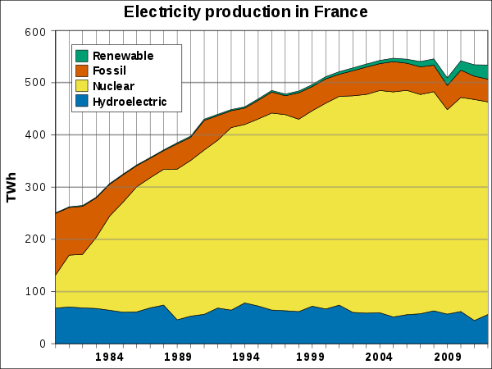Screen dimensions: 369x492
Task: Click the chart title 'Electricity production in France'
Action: coord(245,12)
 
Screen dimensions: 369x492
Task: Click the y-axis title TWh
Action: coord(11,188)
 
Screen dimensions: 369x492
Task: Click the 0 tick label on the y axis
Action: coord(44,344)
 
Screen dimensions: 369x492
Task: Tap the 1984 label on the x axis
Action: coord(109,357)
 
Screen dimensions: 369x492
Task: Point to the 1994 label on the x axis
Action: coord(244,357)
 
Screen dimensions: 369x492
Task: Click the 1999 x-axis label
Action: coord(311,357)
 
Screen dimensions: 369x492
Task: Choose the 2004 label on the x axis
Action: coord(378,357)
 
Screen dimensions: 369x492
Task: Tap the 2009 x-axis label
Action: coord(445,357)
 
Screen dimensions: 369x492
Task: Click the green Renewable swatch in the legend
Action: coord(82,56)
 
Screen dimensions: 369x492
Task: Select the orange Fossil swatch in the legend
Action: coord(82,71)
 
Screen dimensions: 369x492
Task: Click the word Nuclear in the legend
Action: coord(114,86)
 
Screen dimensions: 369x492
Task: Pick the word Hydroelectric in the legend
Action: coord(130,102)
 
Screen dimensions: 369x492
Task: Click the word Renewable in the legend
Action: coord(123,56)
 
